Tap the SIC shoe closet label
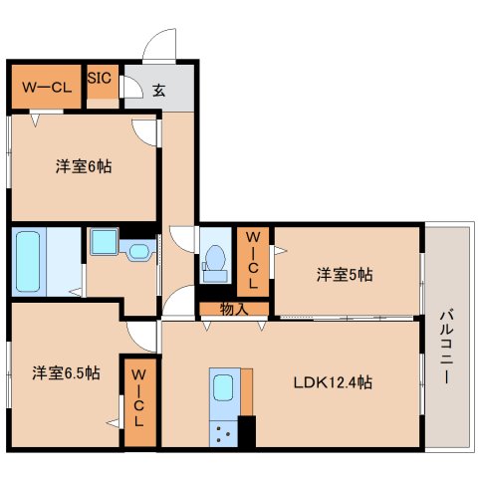coord(101,77)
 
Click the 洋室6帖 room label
coord(83,166)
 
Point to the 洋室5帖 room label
coord(345,273)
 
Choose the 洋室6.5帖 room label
coord(65,373)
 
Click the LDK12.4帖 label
coord(333,381)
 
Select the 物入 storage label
coord(233,309)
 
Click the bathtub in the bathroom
coord(29,261)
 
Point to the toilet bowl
coord(213,259)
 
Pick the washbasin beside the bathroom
coord(106,244)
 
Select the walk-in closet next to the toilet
coord(253,261)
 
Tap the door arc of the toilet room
coord(182,238)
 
